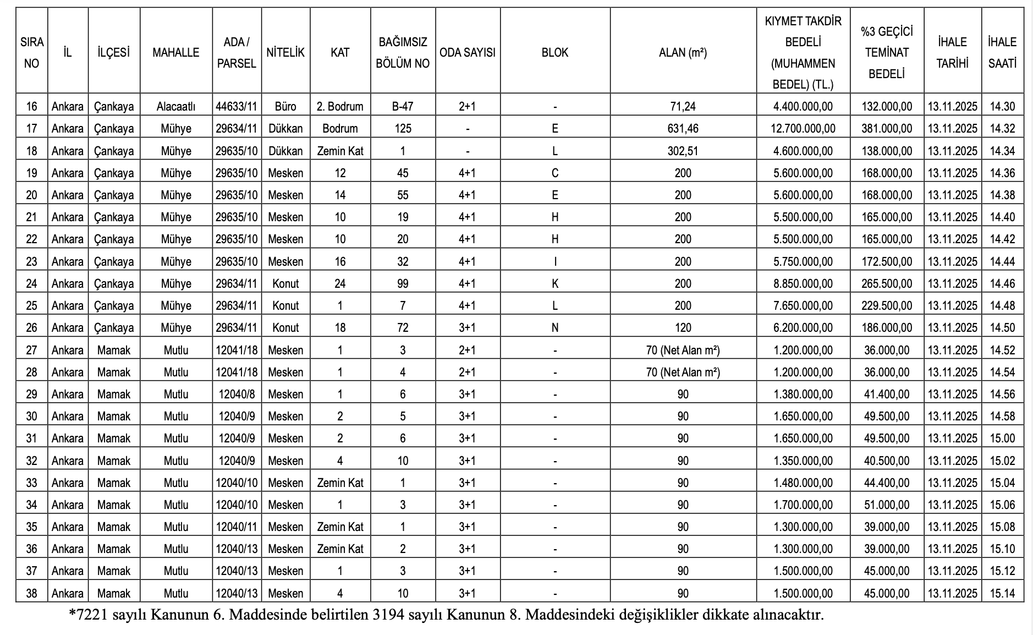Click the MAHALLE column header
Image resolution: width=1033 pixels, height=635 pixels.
(176, 52)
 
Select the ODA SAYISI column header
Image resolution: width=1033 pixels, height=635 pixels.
(468, 52)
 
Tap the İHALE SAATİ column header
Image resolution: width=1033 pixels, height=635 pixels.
(1002, 52)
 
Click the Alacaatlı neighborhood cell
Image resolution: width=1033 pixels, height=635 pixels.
(176, 106)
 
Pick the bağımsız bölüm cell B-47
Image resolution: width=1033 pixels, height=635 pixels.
(403, 106)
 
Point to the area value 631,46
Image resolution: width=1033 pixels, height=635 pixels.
(683, 129)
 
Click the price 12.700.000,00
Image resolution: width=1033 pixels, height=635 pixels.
(803, 129)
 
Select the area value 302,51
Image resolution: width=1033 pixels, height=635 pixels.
(683, 151)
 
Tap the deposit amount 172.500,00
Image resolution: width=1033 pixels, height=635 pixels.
(887, 261)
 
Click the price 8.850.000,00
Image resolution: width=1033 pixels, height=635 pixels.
(803, 283)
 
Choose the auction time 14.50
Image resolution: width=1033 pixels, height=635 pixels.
(1002, 327)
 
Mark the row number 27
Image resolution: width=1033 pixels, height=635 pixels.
(31, 350)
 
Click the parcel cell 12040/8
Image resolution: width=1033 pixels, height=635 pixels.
(237, 394)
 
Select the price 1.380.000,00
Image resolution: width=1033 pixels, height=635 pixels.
(803, 394)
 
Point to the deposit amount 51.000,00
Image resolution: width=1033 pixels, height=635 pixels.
(887, 505)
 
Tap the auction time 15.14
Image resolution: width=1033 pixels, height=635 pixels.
(1002, 593)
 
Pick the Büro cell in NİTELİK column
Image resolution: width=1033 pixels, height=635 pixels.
(285, 106)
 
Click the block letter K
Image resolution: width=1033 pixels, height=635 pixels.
(555, 283)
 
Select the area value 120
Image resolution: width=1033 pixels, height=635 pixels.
(683, 327)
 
